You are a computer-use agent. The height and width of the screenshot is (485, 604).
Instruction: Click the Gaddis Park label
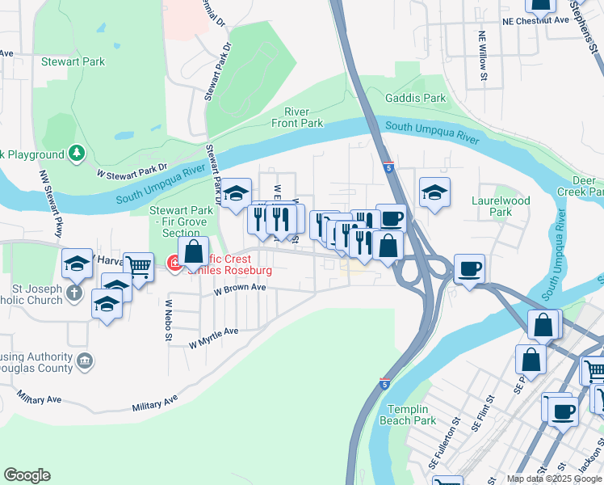point(415,98)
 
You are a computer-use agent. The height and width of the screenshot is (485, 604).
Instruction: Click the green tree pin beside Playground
point(76,153)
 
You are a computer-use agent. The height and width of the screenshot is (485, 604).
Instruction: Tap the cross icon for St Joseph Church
point(75,293)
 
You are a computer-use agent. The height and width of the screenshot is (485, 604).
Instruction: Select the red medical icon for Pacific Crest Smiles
point(173,263)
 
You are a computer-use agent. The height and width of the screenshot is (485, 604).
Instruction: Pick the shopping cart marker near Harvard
point(139,265)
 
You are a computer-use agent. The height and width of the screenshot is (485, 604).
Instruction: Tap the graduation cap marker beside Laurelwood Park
point(434,192)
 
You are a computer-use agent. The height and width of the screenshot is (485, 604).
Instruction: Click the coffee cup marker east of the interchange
point(468,268)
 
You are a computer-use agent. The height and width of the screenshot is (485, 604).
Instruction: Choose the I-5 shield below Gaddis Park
point(389,167)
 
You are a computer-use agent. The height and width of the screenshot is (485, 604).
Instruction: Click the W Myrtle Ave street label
point(213,337)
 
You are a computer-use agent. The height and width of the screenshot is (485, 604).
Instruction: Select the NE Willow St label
point(483,57)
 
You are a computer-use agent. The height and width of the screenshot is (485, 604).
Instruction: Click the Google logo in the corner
point(27,475)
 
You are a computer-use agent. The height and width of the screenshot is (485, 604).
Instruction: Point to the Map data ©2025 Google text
point(553,479)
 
